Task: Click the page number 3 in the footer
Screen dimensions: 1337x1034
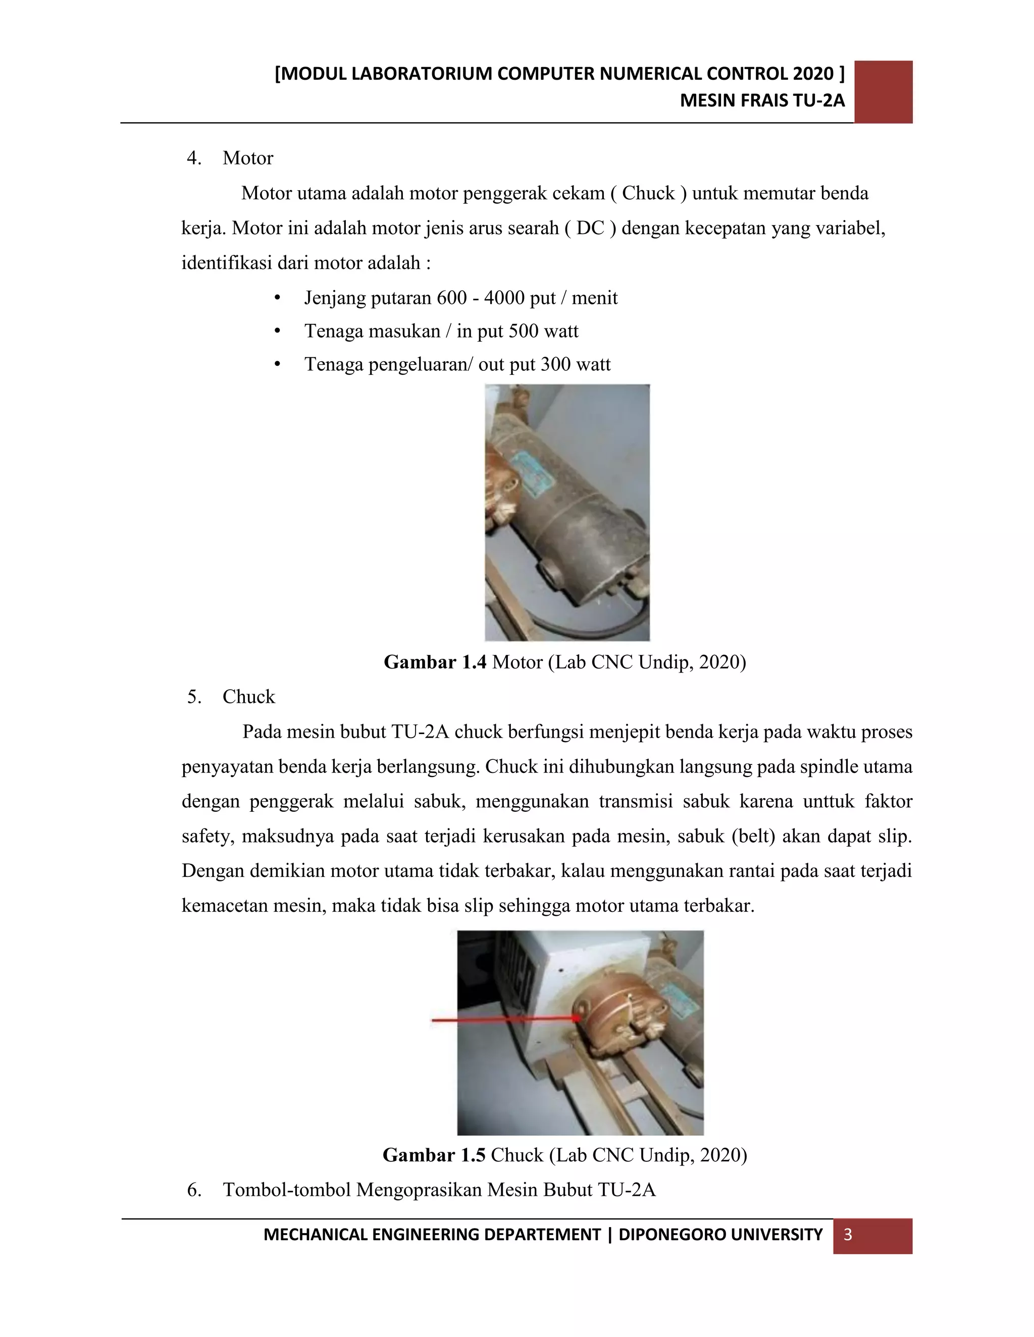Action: [848, 1234]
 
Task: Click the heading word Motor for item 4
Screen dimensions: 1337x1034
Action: [247, 158]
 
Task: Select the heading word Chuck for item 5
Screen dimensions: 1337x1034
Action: [249, 697]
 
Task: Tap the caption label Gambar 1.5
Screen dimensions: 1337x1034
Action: [434, 1155]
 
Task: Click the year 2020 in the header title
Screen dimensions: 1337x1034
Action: [813, 74]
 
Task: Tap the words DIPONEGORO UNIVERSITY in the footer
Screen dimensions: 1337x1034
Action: [720, 1234]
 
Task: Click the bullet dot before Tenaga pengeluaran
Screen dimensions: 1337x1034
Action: [278, 364]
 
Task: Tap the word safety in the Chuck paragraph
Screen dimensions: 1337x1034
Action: [206, 836]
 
